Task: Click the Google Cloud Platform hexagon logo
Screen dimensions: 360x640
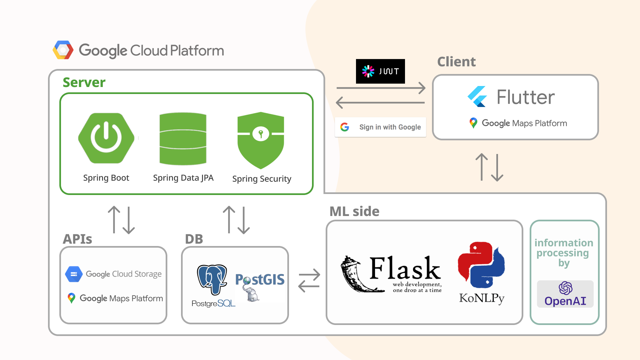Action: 63,50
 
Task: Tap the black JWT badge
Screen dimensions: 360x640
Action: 380,71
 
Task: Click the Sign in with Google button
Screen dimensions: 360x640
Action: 380,127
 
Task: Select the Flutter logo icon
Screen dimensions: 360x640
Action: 477,97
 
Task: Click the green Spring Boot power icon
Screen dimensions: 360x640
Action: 106,138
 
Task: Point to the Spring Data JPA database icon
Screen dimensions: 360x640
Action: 183,139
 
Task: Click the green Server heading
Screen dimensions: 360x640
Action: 84,82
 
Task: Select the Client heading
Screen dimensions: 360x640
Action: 456,62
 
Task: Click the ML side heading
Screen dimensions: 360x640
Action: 354,211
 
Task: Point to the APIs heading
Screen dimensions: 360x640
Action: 77,239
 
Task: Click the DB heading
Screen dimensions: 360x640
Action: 194,239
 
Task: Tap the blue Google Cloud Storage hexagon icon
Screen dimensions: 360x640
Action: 74,274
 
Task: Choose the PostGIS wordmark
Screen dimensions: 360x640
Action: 260,279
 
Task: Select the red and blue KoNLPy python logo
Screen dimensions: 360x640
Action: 481,265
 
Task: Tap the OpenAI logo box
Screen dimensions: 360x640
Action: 565,294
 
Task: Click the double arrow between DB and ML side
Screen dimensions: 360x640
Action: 309,280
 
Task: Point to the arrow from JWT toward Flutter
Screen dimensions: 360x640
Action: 381,88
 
